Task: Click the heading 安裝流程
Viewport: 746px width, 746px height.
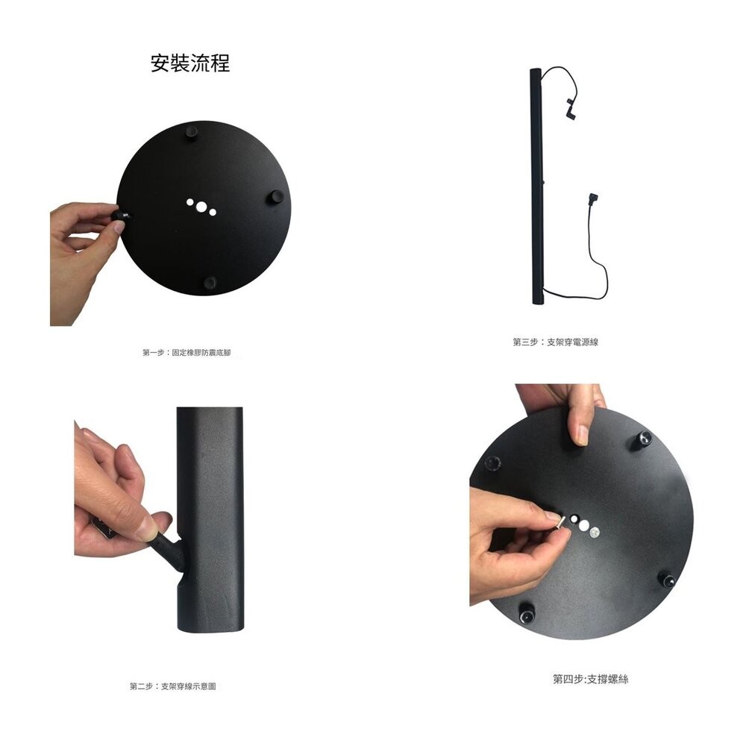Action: pos(190,63)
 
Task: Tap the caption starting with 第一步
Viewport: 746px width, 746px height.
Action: pos(186,351)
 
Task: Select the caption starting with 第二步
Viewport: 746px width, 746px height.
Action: pos(173,686)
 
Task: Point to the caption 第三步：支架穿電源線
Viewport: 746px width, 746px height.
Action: pos(556,342)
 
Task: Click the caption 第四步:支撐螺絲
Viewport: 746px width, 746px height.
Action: pos(590,679)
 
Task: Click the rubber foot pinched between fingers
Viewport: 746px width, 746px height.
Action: pos(119,215)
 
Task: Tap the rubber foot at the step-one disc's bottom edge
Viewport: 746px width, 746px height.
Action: pos(210,282)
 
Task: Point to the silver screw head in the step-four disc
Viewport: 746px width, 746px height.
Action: pos(594,532)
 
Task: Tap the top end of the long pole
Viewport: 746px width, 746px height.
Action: pos(534,72)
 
